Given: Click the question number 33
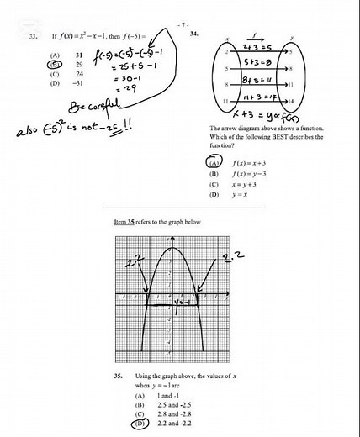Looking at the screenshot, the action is point(32,38).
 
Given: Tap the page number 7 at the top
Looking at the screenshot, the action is point(183,27).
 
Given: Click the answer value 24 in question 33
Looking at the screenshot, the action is point(78,73).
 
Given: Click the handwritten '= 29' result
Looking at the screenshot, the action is point(124,87).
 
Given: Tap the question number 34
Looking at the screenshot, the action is point(194,34).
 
